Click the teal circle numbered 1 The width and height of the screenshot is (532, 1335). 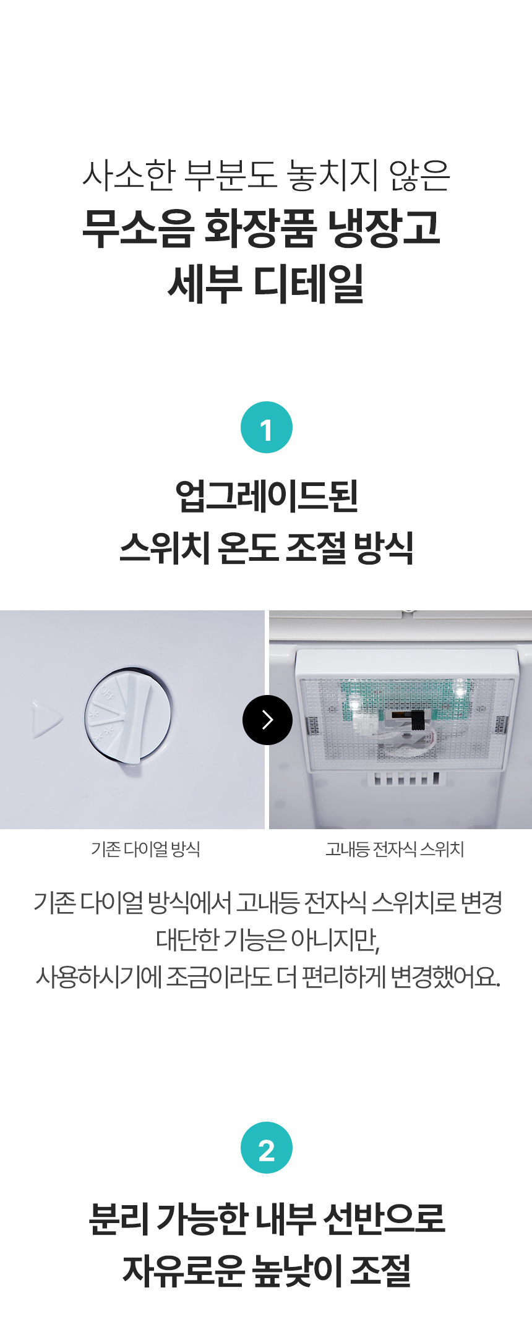coord(266,427)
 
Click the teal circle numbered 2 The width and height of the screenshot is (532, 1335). coord(266,1148)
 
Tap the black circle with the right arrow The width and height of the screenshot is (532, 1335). coord(267,720)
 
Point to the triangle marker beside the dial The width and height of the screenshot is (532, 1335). coord(46,719)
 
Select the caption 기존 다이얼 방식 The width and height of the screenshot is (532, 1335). coord(146,849)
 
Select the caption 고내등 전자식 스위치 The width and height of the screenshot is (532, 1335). coord(395,849)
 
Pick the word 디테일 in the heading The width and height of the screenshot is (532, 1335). coord(309,283)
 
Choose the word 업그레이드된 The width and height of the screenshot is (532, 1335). coord(267,496)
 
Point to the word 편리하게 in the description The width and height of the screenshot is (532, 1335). coord(343,976)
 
